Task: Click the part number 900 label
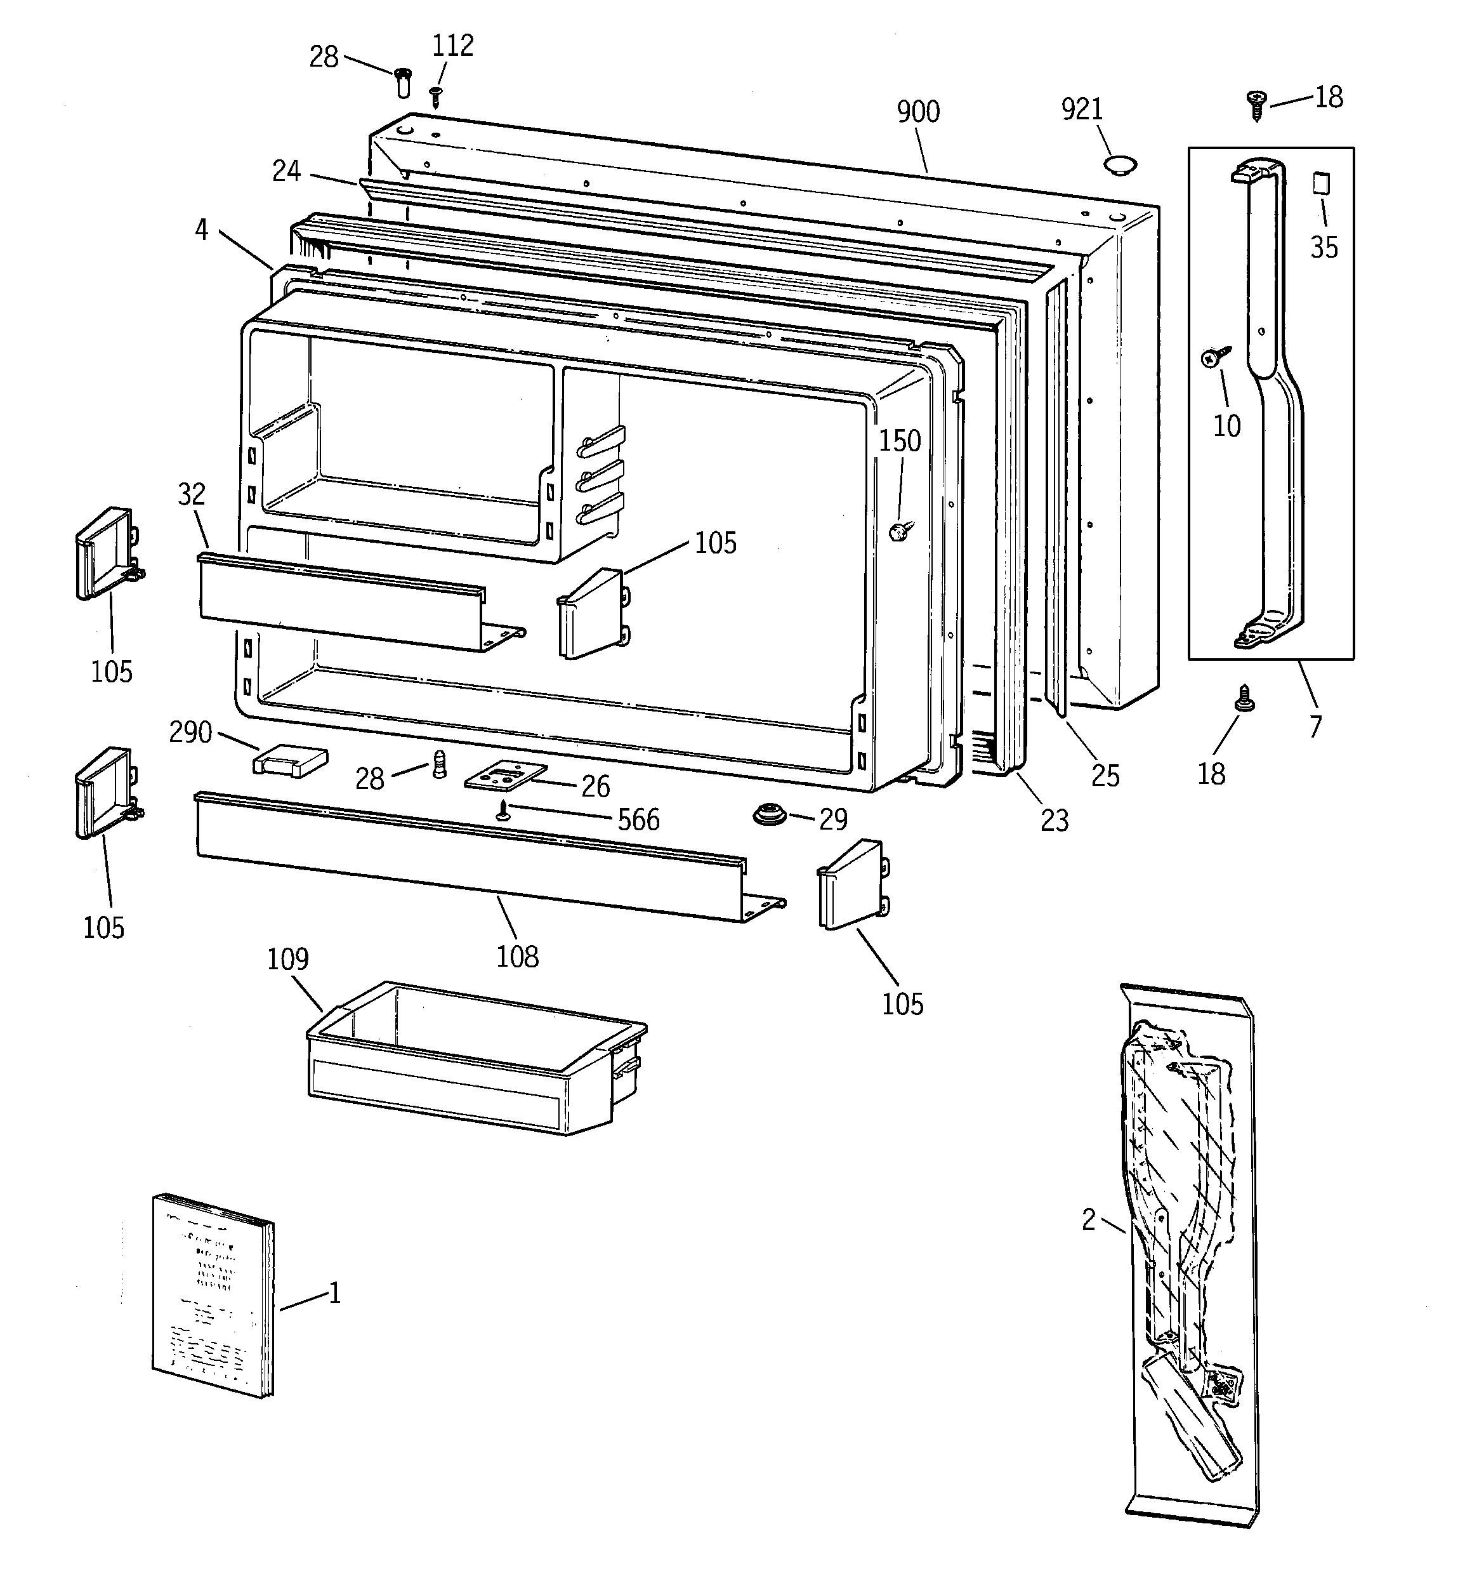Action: pyautogui.click(x=917, y=112)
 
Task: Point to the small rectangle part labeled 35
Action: pyautogui.click(x=1321, y=183)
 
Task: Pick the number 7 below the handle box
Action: pyautogui.click(x=1315, y=726)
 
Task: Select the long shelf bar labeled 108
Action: pyautogui.click(x=474, y=858)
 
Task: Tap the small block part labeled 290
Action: pyautogui.click(x=289, y=761)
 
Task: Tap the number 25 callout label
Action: pyautogui.click(x=1105, y=776)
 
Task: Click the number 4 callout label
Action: pyautogui.click(x=202, y=230)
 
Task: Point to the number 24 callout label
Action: pyautogui.click(x=286, y=171)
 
